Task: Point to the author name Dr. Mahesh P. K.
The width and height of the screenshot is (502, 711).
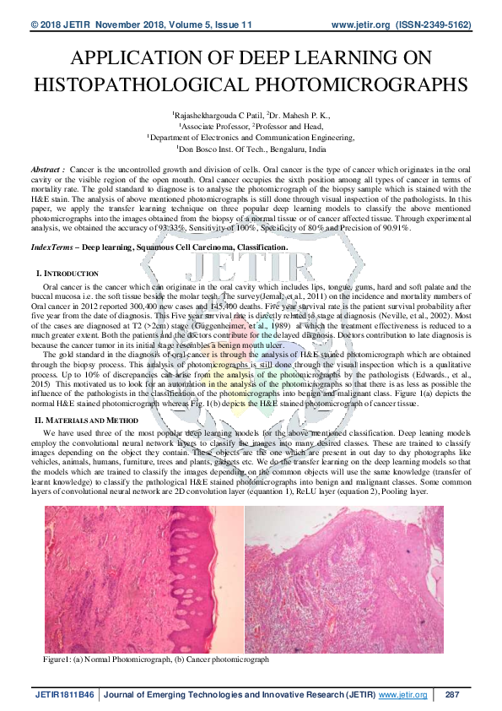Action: pyautogui.click(x=296, y=115)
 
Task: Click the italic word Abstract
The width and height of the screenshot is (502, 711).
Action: pyautogui.click(x=47, y=170)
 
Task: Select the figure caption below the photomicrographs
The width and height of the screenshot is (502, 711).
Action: pyautogui.click(x=156, y=658)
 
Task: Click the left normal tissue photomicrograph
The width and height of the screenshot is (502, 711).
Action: pyautogui.click(x=143, y=578)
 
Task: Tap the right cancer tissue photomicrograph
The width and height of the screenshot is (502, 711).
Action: pyautogui.click(x=349, y=578)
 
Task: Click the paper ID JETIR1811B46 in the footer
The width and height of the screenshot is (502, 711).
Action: pyautogui.click(x=65, y=694)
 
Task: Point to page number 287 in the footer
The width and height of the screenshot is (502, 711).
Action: pyautogui.click(x=451, y=694)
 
